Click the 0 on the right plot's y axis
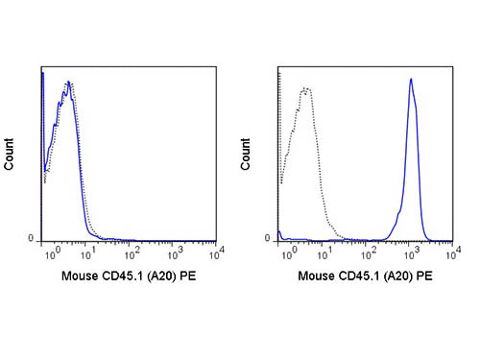click(269, 239)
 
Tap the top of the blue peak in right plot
click(411, 80)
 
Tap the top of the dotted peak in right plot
click(305, 88)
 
